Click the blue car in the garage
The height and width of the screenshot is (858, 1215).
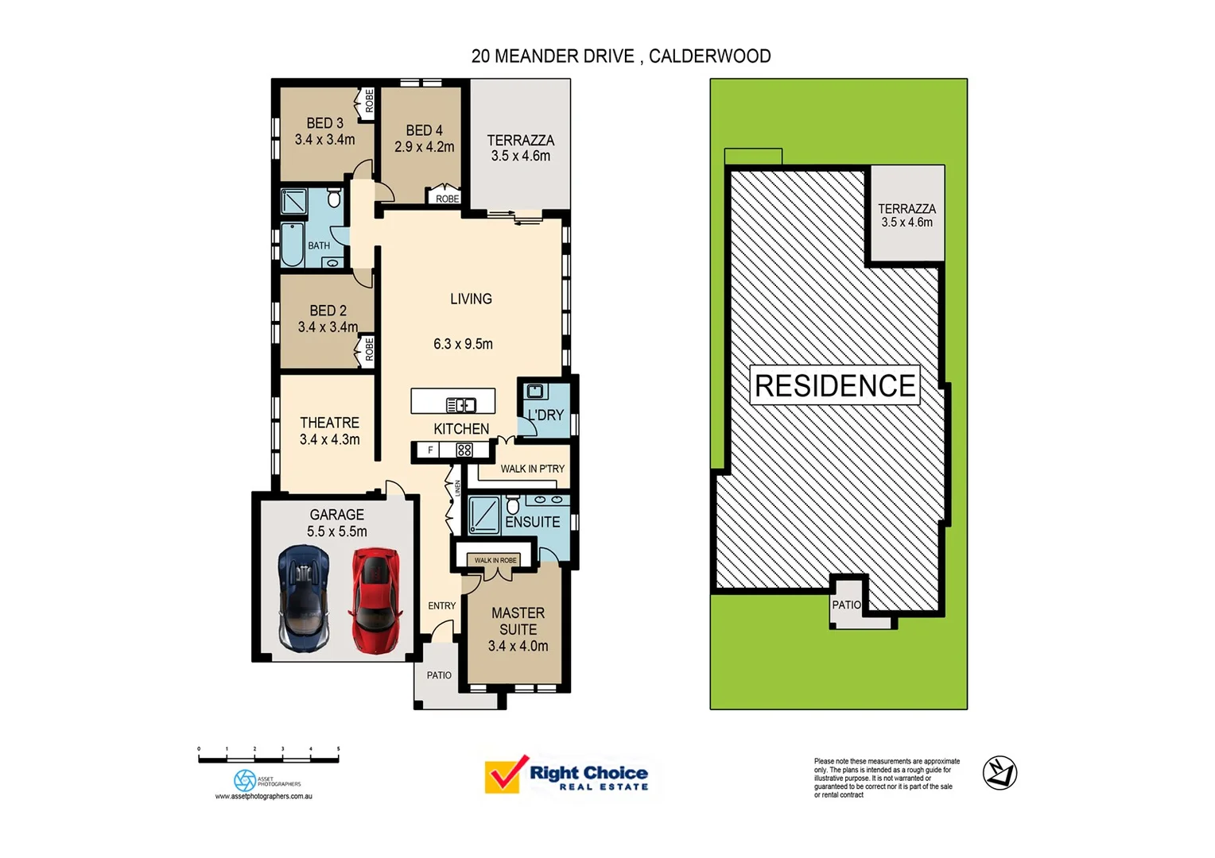[303, 598]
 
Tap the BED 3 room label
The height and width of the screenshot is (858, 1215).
[324, 123]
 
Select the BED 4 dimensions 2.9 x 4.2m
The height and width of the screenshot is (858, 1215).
[424, 147]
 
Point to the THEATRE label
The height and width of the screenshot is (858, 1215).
[329, 423]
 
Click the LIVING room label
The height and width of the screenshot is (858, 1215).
[471, 299]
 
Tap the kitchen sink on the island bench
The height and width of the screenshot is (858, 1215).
[460, 405]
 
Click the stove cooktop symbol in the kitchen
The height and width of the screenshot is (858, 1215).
[464, 450]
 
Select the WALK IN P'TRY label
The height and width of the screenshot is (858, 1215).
[532, 469]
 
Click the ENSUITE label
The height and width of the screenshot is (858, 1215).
[532, 522]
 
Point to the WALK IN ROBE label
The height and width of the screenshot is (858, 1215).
[495, 560]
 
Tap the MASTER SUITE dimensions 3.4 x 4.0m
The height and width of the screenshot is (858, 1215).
[518, 646]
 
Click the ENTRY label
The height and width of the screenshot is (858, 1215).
[441, 605]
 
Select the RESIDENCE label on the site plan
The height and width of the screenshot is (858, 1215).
[835, 385]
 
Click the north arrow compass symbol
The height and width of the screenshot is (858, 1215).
[1000, 773]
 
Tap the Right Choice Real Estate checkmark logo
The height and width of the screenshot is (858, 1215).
[503, 775]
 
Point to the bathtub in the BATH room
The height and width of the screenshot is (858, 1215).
[292, 245]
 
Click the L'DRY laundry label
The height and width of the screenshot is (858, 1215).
[545, 415]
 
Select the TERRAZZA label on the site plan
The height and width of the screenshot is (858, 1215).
[906, 208]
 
